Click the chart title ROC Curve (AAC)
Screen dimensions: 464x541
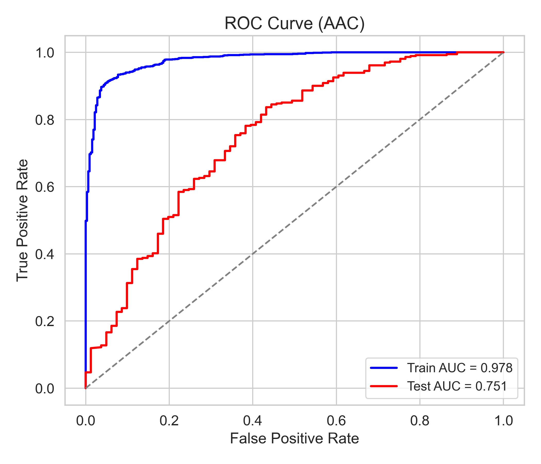pos(294,23)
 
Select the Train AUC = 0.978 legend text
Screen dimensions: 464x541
pos(460,368)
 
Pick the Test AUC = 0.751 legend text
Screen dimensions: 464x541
pos(457,386)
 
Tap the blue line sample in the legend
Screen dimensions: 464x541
pos(384,368)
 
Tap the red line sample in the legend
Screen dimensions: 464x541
pos(384,386)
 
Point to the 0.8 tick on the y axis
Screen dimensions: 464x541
pos(45,120)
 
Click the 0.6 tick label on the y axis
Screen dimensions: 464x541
pos(45,187)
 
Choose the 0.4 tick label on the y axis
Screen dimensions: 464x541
pos(45,254)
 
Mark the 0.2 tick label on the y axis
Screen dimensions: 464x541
pos(45,322)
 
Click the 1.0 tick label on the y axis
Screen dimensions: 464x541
pos(45,53)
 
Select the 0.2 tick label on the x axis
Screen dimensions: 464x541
pos(169,421)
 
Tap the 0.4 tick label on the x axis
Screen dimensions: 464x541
pos(252,421)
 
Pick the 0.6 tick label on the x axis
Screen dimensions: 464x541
pos(336,421)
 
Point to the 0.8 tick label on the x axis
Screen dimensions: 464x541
pos(420,421)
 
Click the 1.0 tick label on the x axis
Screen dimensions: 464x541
pos(503,421)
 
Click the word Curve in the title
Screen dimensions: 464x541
pos(290,23)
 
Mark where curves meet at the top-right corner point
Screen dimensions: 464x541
pos(503,52)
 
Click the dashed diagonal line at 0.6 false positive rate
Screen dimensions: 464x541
pos(336,187)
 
